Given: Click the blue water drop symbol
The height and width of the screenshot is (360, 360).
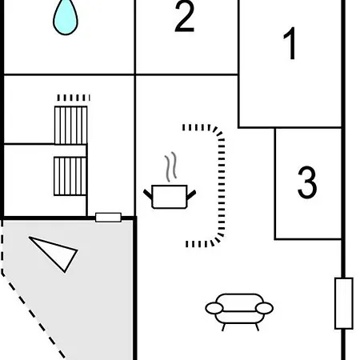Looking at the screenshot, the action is pos(66,18).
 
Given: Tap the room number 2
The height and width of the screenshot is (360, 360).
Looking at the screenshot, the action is pos(184,17).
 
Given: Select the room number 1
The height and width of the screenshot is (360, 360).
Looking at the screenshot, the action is pos(290,43).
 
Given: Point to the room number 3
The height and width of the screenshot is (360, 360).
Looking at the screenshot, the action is pos(307,182).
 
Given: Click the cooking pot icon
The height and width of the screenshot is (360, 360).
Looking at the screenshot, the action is pos(170,196).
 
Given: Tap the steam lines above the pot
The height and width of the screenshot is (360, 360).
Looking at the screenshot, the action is pos(170,166).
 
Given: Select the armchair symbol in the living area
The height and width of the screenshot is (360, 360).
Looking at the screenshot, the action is pos(239,311).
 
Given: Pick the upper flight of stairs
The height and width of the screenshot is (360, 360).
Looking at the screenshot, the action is pos(70,125).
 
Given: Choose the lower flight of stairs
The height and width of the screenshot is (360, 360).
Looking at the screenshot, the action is pos(70,176).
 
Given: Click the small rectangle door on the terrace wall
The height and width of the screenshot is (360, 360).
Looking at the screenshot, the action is pos(108,218).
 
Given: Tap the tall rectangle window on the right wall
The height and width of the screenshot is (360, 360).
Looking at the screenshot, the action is pos(344,303).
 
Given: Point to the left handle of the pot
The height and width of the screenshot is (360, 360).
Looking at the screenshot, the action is pos(148,194).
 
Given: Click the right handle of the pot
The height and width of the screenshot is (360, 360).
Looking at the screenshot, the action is pos(191,194).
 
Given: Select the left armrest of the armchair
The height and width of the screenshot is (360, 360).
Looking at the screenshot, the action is pos(214,308).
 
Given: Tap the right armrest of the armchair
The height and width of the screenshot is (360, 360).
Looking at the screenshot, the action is pos(264,308).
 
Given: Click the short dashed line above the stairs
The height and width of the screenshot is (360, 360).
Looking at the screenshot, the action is pos(74,98).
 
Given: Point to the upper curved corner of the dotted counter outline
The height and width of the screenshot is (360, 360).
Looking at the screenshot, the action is pos(218,131).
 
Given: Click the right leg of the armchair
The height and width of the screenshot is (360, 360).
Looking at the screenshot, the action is pos(257,327).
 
